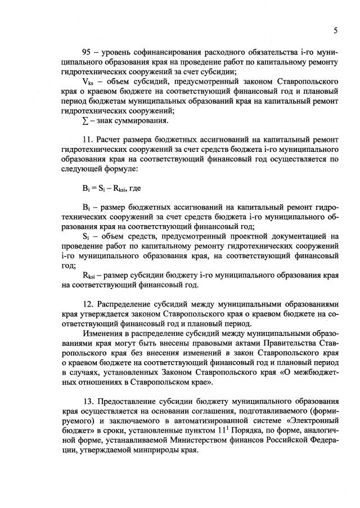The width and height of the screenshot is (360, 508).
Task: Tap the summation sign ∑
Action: [85, 120]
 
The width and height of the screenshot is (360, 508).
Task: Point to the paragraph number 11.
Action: [88, 139]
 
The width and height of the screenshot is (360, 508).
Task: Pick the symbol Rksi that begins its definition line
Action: [89, 276]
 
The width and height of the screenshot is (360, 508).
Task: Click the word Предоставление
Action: [129, 402]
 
